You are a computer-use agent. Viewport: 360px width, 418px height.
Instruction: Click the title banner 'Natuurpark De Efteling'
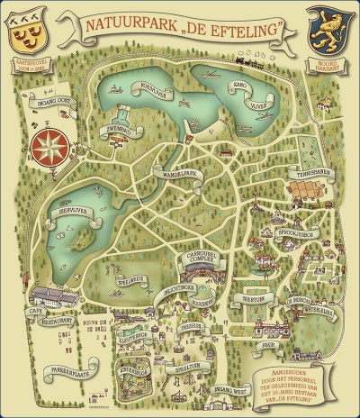tap(179, 28)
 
